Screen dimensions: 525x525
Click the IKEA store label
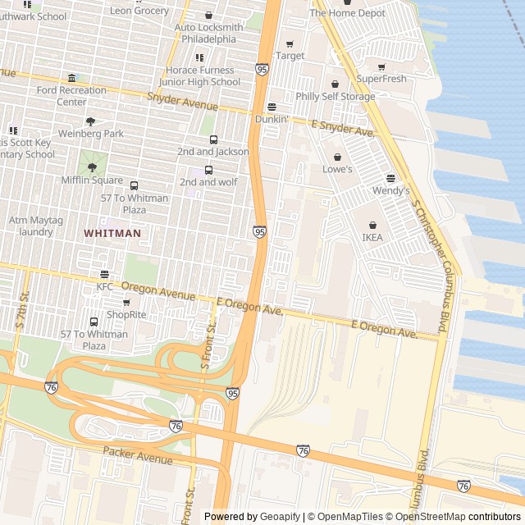[372, 237]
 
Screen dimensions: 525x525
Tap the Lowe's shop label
[337, 169]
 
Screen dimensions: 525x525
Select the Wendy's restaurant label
[391, 190]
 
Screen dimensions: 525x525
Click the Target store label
[290, 56]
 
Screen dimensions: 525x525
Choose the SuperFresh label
[381, 79]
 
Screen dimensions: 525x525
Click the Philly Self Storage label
[335, 96]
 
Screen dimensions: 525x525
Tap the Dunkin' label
[272, 119]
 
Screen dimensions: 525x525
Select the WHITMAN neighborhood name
[112, 233]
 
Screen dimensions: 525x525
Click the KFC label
[104, 286]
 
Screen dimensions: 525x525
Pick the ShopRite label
[126, 314]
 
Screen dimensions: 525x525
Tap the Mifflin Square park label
[92, 179]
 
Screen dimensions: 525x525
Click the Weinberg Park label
[90, 133]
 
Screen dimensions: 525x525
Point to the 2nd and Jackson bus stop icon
[213, 140]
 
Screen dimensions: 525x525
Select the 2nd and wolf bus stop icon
[208, 171]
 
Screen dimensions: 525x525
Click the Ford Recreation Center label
[71, 96]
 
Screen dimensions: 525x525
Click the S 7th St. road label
[22, 311]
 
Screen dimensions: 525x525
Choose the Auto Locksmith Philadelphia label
[208, 33]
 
